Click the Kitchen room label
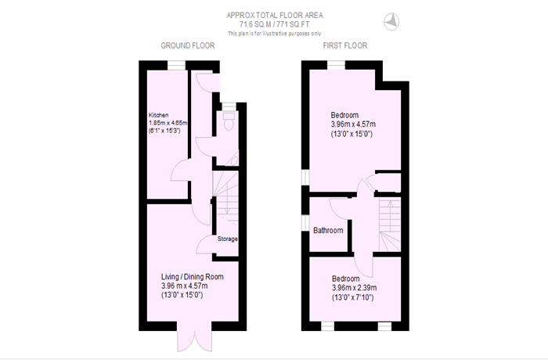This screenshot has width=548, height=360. click(159, 115)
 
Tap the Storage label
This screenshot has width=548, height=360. click(228, 239)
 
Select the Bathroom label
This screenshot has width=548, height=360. click(328, 230)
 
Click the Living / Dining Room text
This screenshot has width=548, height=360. click(193, 276)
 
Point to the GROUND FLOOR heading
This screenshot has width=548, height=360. click(188, 46)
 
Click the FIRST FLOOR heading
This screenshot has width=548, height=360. click(345, 46)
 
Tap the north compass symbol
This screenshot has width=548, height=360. click(391, 22)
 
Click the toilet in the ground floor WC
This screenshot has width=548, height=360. click(229, 121)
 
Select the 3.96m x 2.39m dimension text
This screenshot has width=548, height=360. click(355, 288)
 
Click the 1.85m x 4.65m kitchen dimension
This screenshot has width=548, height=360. click(168, 123)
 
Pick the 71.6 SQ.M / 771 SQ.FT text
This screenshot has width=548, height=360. click(274, 24)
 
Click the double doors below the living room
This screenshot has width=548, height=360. click(194, 340)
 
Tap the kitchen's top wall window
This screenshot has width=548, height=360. click(176, 66)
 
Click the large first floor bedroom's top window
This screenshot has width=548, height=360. click(336, 66)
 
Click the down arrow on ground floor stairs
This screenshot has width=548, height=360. click(226, 204)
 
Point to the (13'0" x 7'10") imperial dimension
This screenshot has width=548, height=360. click(352, 298)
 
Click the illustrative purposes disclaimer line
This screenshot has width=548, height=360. click(274, 34)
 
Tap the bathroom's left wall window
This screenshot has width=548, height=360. click(305, 223)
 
